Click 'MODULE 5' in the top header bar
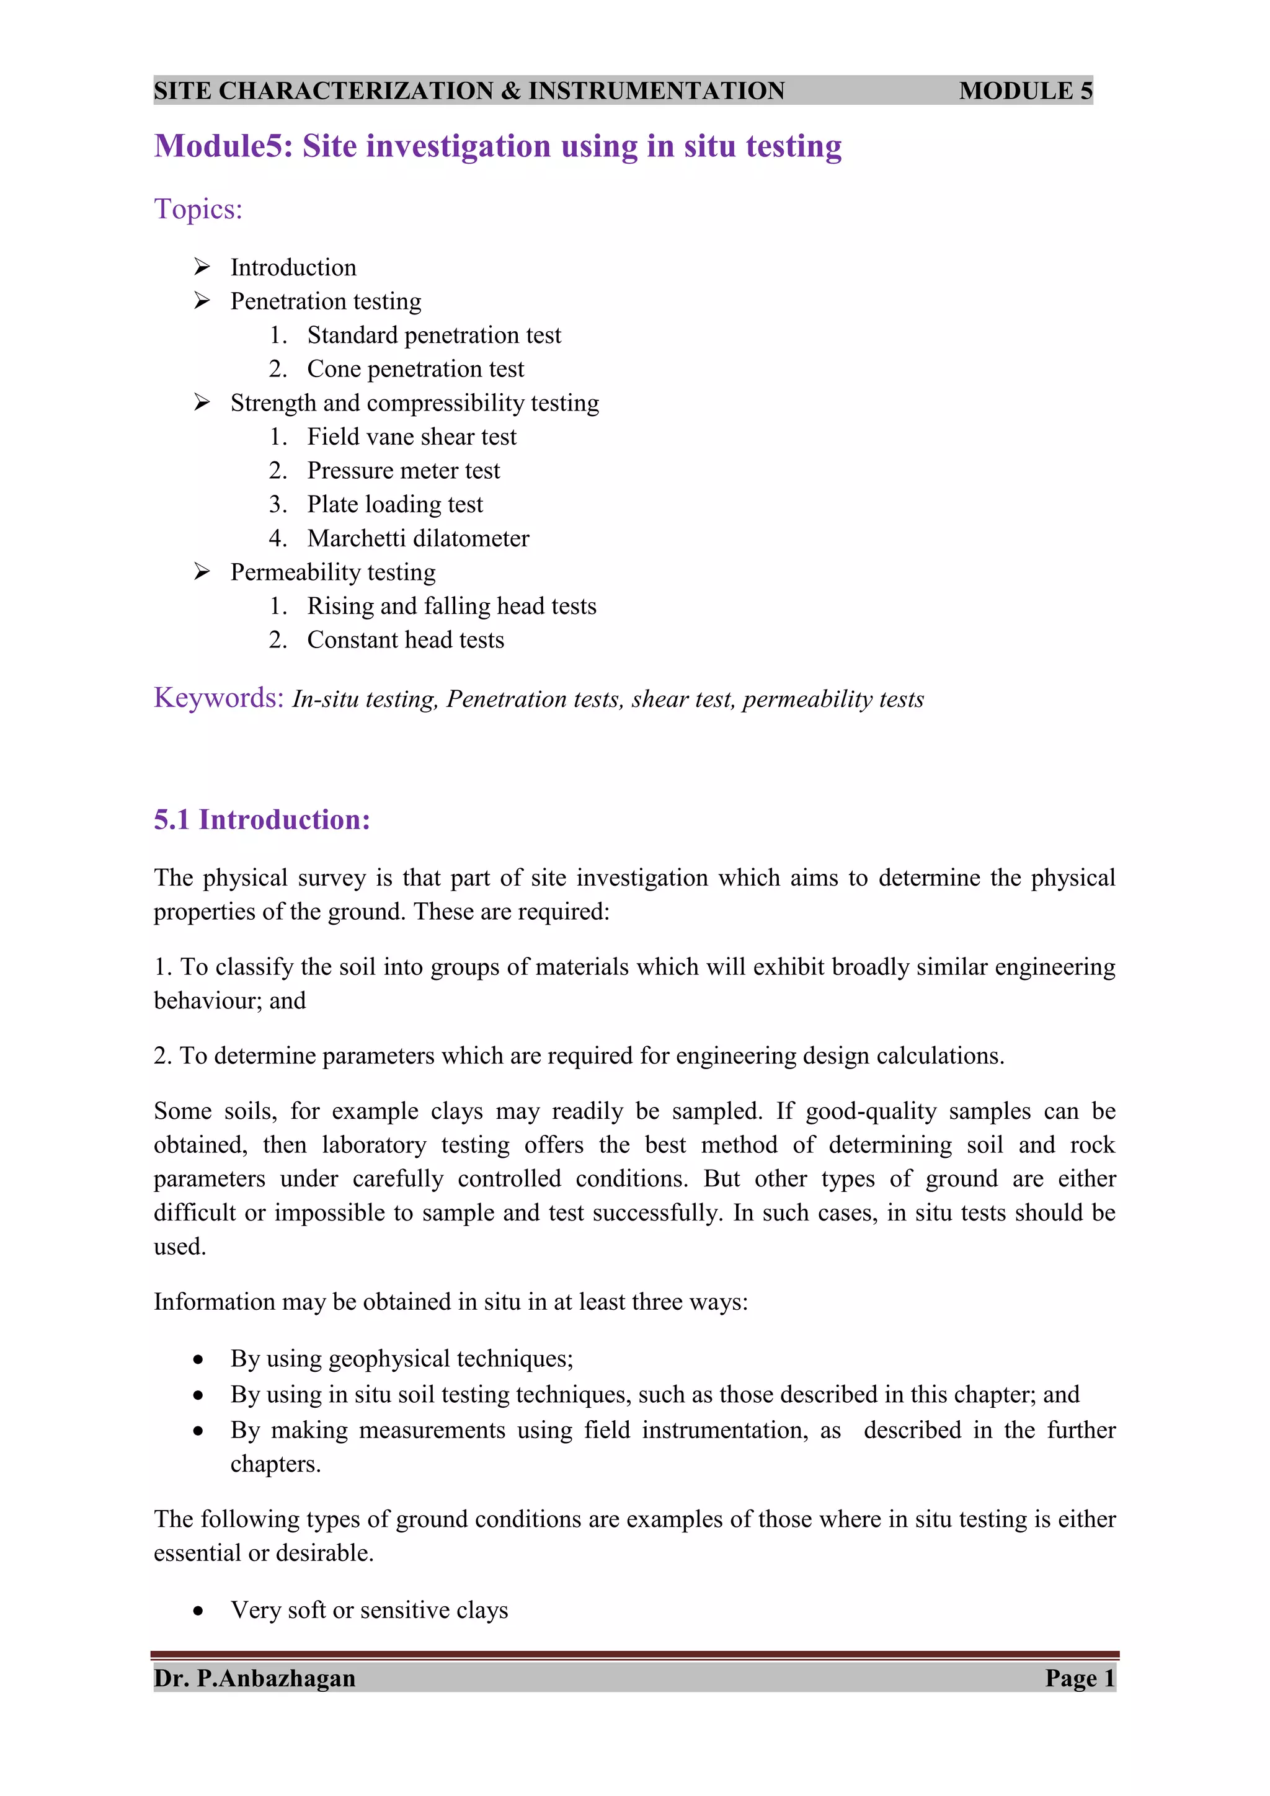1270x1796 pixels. (x=1025, y=91)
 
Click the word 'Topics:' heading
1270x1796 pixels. (x=198, y=210)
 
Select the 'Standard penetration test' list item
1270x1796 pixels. (x=433, y=336)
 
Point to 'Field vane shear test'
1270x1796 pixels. (x=411, y=437)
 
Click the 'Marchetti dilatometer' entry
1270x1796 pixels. (x=417, y=539)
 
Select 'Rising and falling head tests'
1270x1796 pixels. (x=451, y=607)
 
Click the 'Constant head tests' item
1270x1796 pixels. (x=405, y=641)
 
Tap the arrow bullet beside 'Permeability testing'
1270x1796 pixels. (x=202, y=572)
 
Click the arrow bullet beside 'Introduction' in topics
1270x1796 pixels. (x=202, y=267)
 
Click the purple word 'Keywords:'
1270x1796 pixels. (x=218, y=698)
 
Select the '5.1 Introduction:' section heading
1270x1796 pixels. (x=261, y=820)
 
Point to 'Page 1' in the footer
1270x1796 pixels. (x=1079, y=1679)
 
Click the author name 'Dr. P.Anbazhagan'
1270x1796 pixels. (x=254, y=1679)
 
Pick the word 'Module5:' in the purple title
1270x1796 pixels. (x=223, y=146)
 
